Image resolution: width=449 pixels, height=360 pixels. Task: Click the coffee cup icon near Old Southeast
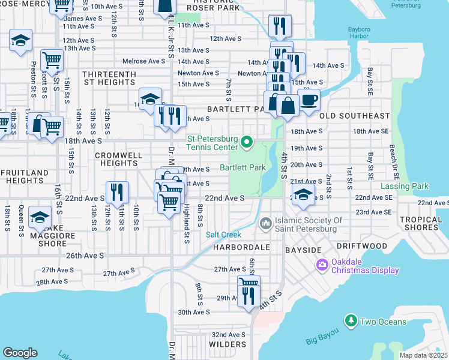coord(309,99)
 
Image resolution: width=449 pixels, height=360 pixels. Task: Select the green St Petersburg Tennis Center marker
coord(246,142)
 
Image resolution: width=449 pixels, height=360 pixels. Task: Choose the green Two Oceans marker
coord(351,322)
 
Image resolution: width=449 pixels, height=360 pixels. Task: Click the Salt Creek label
coord(223,235)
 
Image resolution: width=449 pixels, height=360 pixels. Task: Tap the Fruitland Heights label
coord(25,176)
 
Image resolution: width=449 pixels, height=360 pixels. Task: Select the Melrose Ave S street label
coord(143,61)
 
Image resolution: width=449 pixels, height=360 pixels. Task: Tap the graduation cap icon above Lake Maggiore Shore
coord(40,217)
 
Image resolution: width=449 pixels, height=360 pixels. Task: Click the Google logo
coord(20,353)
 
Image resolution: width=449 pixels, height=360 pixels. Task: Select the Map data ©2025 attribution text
coord(424,355)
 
